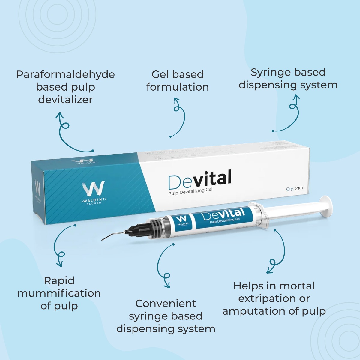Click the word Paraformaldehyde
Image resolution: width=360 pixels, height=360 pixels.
[65, 75]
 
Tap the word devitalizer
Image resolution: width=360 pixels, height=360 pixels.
[65, 100]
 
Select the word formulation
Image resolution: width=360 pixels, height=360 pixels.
[178, 87]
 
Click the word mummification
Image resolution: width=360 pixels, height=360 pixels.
[59, 293]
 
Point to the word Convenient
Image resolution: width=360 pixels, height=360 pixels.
[166, 304]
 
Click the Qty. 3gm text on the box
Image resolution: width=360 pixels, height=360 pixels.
[294, 189]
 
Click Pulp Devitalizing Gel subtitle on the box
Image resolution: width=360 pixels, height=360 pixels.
[190, 191]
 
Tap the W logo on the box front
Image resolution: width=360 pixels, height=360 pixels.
[94, 189]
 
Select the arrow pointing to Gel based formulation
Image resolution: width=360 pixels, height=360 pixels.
[179, 117]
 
